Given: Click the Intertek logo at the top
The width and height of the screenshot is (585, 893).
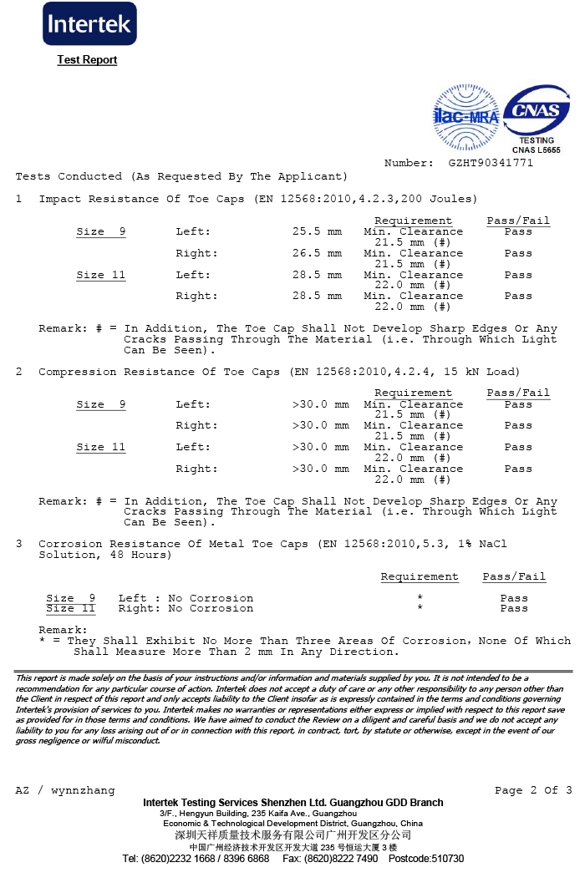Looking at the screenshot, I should (89, 24).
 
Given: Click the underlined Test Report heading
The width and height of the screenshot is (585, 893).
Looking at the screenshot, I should (87, 60).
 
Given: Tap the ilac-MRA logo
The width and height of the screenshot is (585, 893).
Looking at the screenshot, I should (465, 116).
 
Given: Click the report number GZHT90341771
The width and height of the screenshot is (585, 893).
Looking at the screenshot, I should (491, 163).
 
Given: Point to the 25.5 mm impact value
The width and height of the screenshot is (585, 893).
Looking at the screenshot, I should (317, 231).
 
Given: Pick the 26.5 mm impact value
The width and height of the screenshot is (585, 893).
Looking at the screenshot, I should (317, 253).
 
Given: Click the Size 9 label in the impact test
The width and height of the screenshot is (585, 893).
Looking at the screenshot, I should (101, 231).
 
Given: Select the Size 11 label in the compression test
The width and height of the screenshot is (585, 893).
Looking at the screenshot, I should (101, 447).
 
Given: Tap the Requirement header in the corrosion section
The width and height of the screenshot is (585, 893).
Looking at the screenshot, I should (420, 576).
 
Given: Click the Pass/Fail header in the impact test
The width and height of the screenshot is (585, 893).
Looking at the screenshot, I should (518, 221).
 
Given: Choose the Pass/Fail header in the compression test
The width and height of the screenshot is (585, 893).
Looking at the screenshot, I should (518, 393).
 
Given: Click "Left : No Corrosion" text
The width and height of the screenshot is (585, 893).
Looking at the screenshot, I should (186, 598).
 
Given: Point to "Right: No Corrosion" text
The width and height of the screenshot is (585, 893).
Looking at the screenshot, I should (186, 608).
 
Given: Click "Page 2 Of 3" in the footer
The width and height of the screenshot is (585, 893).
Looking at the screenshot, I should (533, 790).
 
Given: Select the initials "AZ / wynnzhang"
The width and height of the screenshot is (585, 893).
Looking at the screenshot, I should (65, 790).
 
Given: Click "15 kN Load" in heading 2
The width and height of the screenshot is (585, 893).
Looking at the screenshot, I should (486, 372).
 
